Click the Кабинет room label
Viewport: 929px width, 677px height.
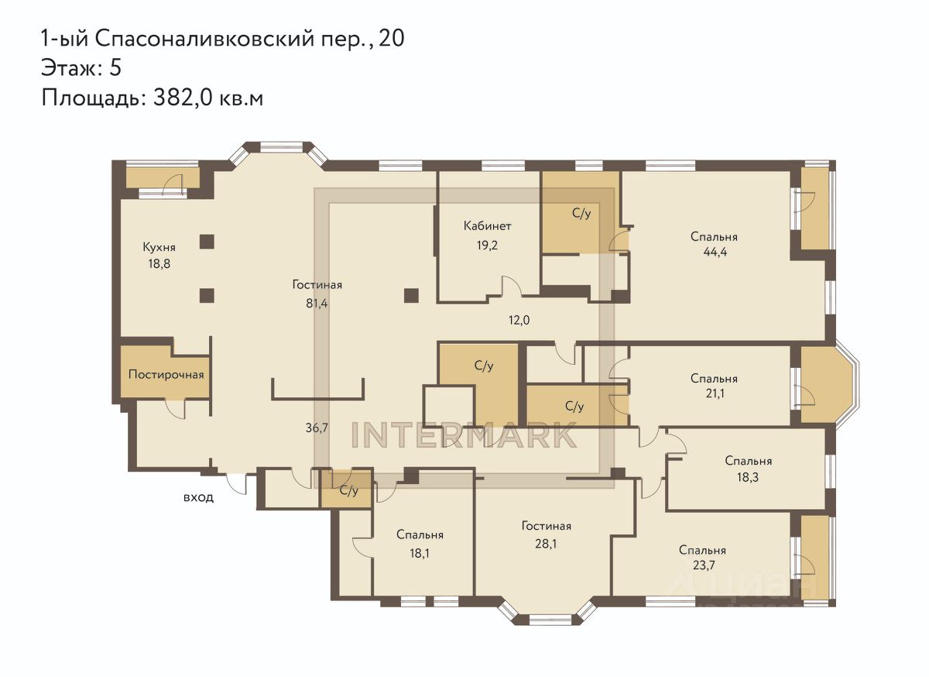(x=487, y=226)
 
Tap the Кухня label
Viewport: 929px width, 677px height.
(x=159, y=247)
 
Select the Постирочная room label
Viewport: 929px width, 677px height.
(x=166, y=375)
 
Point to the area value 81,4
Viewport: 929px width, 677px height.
(x=317, y=304)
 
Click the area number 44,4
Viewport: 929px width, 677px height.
(x=715, y=253)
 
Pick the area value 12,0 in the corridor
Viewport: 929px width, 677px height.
(x=519, y=320)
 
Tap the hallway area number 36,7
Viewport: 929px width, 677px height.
(x=317, y=428)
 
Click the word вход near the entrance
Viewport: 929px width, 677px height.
(x=199, y=497)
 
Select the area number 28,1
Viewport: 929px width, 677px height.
(x=546, y=543)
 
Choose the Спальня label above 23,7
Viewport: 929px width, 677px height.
(x=703, y=551)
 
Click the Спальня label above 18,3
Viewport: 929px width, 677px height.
(x=749, y=461)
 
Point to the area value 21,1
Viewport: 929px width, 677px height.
(x=715, y=393)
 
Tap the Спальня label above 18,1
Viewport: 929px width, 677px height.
(x=420, y=534)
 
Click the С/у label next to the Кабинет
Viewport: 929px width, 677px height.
(x=581, y=213)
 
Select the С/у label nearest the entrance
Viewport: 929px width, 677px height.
(x=349, y=490)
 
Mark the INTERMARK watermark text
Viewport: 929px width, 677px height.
(x=464, y=435)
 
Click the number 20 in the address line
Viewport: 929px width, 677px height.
(x=392, y=39)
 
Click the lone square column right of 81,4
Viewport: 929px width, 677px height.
(x=411, y=296)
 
